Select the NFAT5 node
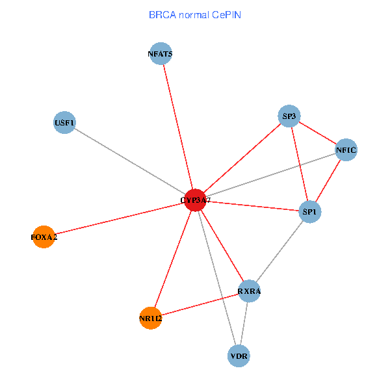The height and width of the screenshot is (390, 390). click(161, 54)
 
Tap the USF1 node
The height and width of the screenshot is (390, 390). click(64, 122)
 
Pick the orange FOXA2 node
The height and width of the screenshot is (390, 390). click(44, 237)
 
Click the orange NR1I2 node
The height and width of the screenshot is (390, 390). click(150, 318)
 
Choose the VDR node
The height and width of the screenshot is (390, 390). click(239, 356)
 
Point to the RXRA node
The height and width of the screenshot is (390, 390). click(249, 291)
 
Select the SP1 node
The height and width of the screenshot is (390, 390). click(310, 211)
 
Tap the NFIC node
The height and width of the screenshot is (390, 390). click(346, 151)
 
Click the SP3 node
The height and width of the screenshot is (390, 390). click(289, 117)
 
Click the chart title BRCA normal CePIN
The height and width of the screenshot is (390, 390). click(195, 14)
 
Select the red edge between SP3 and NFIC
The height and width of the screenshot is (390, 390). click(317, 134)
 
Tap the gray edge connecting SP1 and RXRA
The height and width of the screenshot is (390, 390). click(280, 250)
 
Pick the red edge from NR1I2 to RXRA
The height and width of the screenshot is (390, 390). click(200, 305)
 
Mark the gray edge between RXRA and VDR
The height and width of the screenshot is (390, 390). click(244, 323)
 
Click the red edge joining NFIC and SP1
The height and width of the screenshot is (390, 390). click(328, 181)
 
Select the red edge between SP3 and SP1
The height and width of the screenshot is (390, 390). click(299, 163)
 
